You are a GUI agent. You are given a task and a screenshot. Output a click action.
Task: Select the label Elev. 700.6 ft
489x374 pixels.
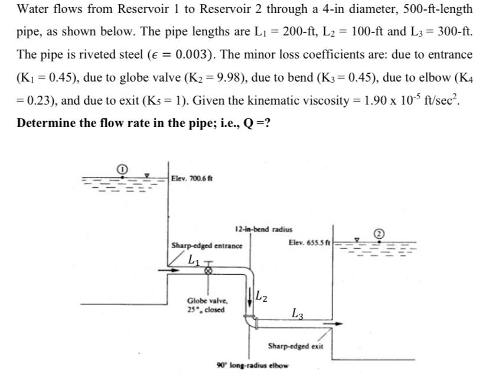(193, 177)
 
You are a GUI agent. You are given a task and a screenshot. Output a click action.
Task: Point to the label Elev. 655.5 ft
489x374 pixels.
(311, 242)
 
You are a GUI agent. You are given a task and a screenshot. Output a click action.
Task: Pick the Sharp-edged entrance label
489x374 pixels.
(206, 245)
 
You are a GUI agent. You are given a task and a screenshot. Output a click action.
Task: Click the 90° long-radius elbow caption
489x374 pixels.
(253, 364)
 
